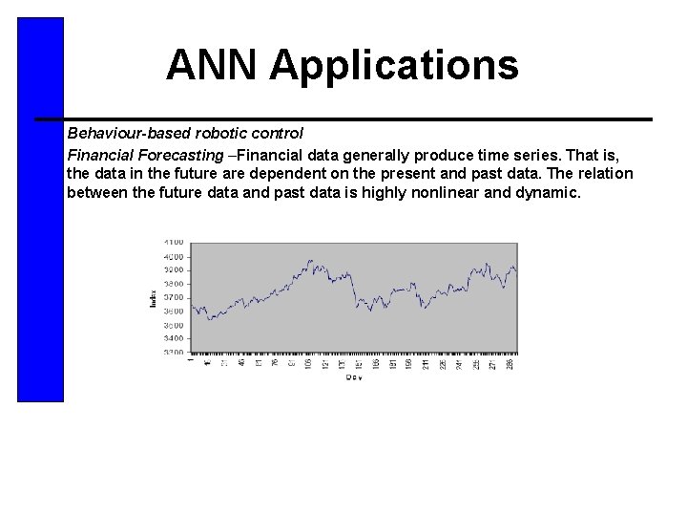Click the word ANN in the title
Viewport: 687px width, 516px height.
[212, 66]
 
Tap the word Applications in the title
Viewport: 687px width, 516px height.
[394, 66]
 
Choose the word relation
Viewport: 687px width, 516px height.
[601, 174]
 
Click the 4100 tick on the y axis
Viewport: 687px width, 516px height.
[173, 243]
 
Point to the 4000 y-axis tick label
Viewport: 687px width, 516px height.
[173, 256]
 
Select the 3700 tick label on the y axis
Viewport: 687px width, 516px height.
[173, 297]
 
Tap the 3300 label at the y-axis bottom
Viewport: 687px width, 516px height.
[173, 353]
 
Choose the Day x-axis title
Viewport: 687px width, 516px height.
[354, 377]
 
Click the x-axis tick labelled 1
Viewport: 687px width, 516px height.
[192, 360]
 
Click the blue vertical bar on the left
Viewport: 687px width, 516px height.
[40, 210]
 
